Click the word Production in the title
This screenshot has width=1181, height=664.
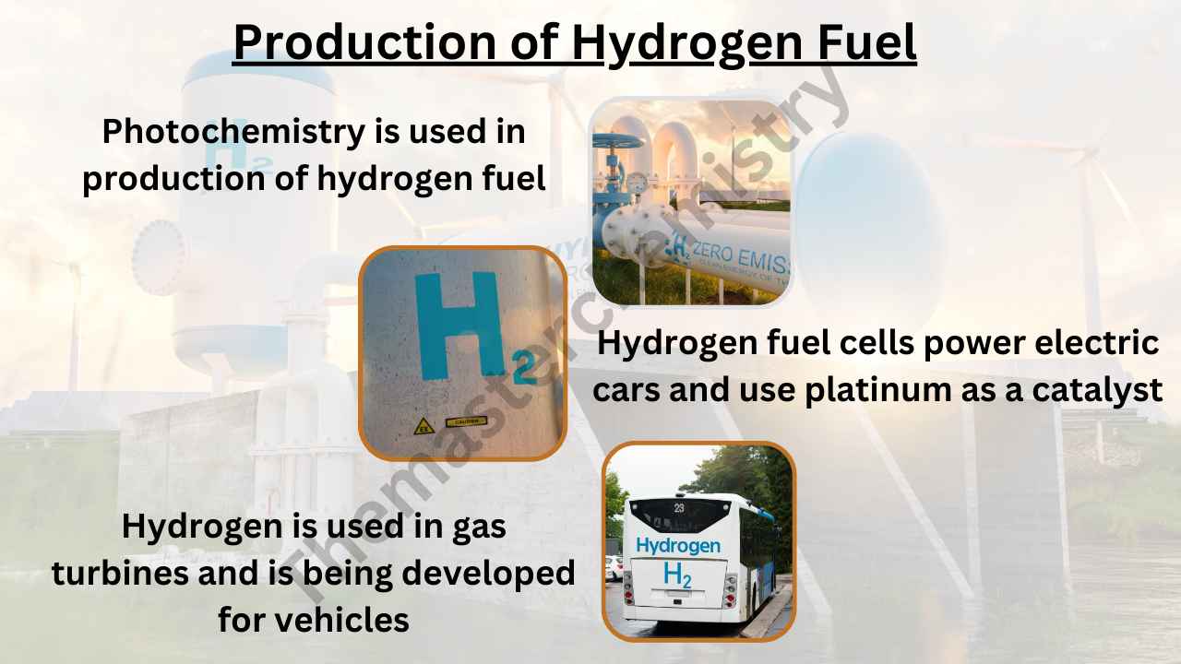coord(364,42)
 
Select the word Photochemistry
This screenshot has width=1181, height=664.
coord(233,132)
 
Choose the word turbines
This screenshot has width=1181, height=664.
coord(120,573)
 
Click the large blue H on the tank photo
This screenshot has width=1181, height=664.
coord(458,326)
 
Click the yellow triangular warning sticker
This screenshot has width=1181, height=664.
coord(423,426)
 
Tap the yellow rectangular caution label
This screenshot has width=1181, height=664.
coord(466,421)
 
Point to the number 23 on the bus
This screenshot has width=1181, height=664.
coord(679,508)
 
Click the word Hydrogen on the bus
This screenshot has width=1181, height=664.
coord(678,546)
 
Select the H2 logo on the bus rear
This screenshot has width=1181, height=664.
coord(677,575)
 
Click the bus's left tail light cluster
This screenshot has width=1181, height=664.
coord(628,587)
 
